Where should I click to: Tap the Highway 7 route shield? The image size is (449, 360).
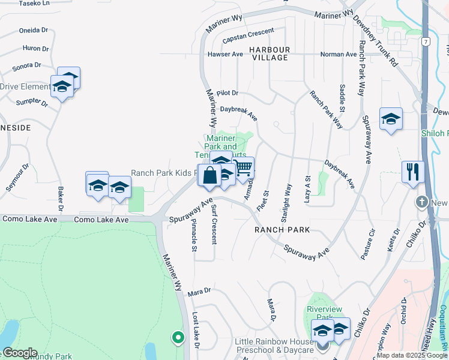[x=424, y=41]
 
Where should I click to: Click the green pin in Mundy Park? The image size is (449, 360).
[x=178, y=337]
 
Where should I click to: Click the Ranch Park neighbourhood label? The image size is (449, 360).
[x=282, y=230]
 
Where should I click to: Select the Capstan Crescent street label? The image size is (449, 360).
[x=248, y=35]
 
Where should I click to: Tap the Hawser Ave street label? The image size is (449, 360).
[x=225, y=54]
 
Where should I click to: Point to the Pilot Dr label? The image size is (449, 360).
[x=228, y=93]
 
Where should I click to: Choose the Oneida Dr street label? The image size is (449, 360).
[x=34, y=30]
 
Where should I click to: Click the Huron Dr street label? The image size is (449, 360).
[x=35, y=49]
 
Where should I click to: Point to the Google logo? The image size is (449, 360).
[x=19, y=353]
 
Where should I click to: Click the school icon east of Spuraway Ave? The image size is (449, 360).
[x=390, y=118]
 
